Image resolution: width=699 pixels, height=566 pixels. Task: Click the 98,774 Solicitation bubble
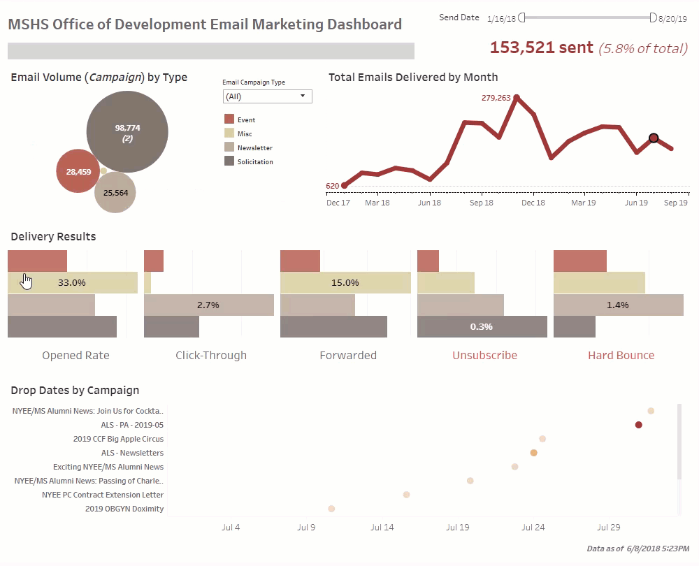(x=127, y=132)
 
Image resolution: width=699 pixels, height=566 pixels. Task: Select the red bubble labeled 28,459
(x=79, y=171)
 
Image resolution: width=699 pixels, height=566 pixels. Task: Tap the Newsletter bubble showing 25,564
(x=115, y=192)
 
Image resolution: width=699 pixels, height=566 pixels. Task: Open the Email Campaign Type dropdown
(x=267, y=96)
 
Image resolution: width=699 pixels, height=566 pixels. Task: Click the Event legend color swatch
(x=229, y=119)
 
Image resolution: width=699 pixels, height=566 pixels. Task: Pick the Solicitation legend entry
(x=254, y=161)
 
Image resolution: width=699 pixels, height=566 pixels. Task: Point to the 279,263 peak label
(x=496, y=98)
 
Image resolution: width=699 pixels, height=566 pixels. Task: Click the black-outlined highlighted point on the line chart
(x=654, y=138)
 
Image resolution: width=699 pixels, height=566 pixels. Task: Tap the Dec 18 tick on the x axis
(x=533, y=203)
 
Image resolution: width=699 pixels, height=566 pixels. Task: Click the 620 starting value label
(x=332, y=186)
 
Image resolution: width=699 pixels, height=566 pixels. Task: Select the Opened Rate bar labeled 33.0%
(x=72, y=283)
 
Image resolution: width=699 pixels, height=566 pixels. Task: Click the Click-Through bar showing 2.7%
(x=208, y=305)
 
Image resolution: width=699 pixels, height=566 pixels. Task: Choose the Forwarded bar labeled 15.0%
(x=345, y=283)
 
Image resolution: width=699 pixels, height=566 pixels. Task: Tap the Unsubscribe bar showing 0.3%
(x=482, y=326)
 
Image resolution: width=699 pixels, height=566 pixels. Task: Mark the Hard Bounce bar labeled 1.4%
(x=618, y=305)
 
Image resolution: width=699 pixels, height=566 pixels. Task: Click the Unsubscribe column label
(x=484, y=355)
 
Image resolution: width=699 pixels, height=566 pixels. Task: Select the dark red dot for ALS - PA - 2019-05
(x=638, y=425)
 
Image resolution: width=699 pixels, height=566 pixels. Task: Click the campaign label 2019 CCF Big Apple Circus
(x=118, y=439)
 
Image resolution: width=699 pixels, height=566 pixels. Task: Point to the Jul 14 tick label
(x=382, y=528)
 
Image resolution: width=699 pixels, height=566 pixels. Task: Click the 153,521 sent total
(x=541, y=48)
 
